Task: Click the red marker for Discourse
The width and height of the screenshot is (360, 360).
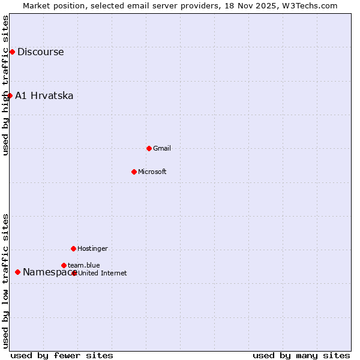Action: (x=12, y=52)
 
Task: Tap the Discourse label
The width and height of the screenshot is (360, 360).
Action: (x=40, y=52)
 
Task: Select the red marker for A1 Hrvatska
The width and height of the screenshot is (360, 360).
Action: (x=10, y=95)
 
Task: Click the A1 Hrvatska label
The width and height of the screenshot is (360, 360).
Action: (x=44, y=95)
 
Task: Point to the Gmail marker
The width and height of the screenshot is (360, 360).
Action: (x=149, y=148)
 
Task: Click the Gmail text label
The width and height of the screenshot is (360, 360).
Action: (x=162, y=148)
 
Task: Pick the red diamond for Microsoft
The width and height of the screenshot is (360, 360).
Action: (x=134, y=172)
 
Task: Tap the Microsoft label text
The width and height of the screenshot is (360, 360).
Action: (x=152, y=172)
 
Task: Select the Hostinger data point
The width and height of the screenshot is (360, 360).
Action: (x=73, y=248)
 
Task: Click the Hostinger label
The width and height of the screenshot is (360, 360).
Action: (x=92, y=248)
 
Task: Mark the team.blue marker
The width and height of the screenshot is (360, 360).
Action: (x=64, y=265)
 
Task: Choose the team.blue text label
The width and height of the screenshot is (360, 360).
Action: (x=83, y=265)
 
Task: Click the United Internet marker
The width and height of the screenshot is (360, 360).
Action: (x=74, y=273)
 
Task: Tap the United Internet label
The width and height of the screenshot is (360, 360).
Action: (x=102, y=273)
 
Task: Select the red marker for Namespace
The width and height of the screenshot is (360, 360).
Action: (x=17, y=272)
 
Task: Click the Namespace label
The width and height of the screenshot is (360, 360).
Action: (x=47, y=272)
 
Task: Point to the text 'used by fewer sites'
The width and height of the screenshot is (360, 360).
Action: (x=62, y=355)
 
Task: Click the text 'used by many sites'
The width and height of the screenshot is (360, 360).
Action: (x=301, y=355)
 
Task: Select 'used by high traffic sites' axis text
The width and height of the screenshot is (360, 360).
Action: (x=6, y=85)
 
